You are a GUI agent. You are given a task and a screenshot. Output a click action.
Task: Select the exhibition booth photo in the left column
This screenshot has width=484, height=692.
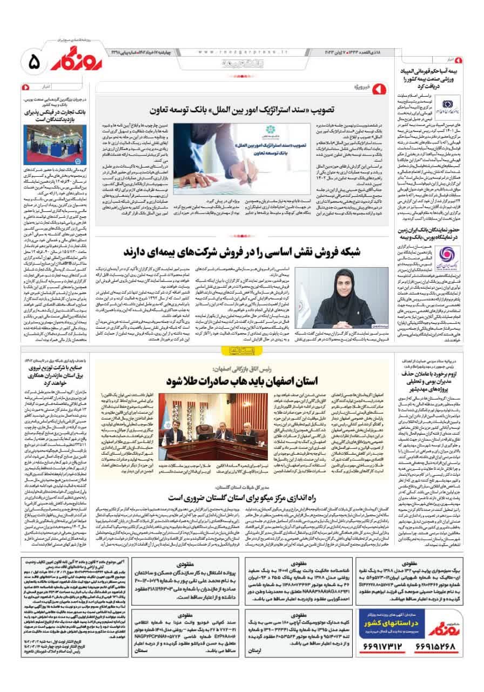click(47, 143)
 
